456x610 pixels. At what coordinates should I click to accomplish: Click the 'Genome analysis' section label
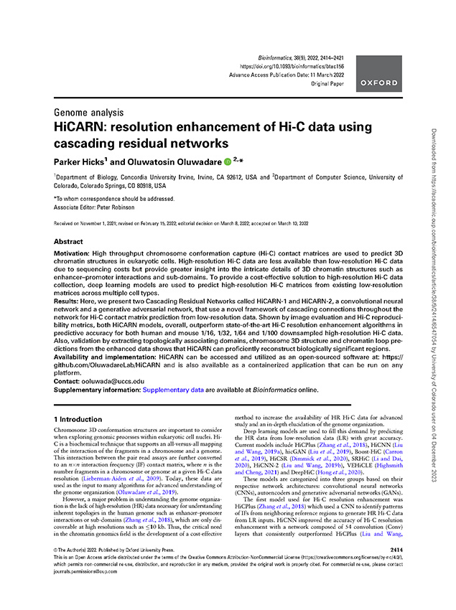(88, 113)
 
